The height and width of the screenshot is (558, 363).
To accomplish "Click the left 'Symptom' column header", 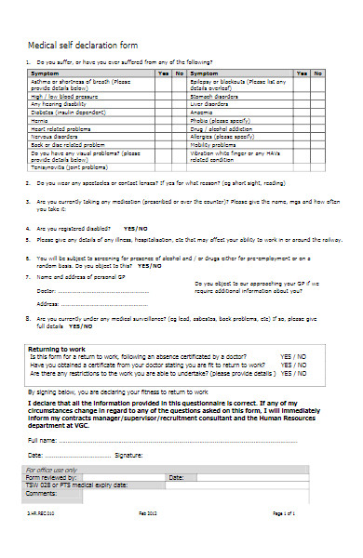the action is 45,73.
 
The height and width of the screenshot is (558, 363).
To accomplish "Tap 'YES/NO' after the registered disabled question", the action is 135,228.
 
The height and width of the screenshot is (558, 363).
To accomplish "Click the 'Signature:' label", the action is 128,456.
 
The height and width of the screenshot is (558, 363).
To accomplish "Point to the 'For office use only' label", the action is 54,471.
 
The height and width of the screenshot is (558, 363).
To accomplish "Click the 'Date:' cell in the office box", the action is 177,477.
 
